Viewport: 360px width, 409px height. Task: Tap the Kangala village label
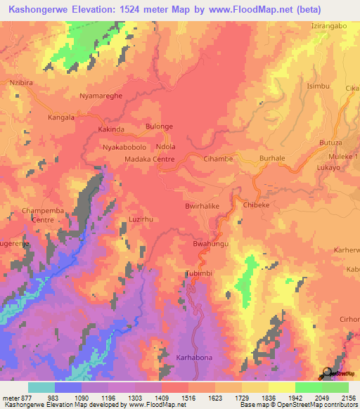tap(61, 117)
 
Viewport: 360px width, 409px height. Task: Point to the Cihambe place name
tap(218, 160)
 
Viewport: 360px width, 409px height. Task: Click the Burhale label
tap(272, 159)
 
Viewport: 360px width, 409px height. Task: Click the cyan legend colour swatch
tap(41, 387)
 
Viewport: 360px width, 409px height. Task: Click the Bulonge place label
tap(159, 126)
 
